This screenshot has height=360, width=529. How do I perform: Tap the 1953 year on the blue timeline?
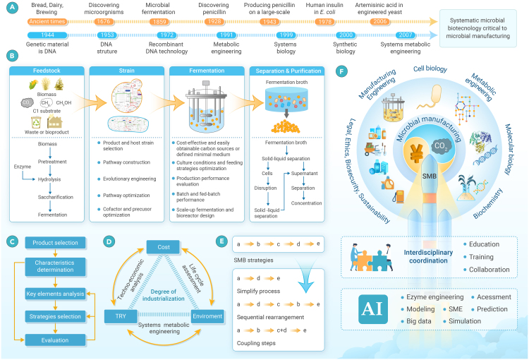105,33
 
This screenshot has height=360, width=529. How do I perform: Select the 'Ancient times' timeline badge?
45,21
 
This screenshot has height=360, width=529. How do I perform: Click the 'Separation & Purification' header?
287,71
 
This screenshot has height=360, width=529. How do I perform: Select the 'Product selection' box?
55,243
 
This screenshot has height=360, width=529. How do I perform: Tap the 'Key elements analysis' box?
55,292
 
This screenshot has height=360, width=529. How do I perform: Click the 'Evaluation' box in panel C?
55,340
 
